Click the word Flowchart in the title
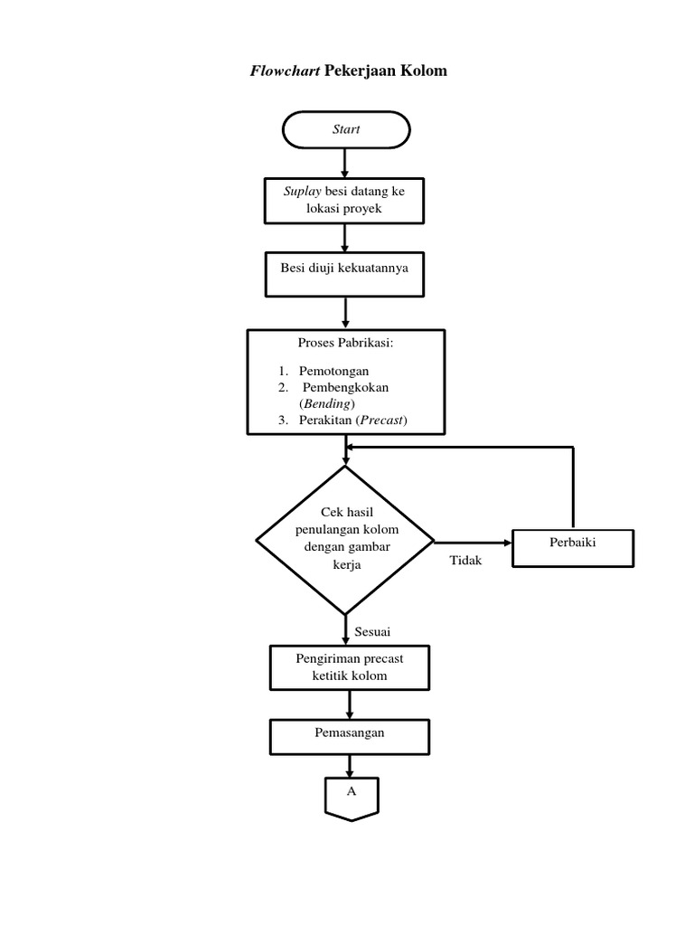pyautogui.click(x=285, y=71)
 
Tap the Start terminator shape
pyautogui.click(x=346, y=129)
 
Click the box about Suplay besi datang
pyautogui.click(x=344, y=200)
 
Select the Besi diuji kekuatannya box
pyautogui.click(x=344, y=274)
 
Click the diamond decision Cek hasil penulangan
pyautogui.click(x=346, y=540)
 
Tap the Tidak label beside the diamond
pyautogui.click(x=466, y=561)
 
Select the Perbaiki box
pyautogui.click(x=573, y=548)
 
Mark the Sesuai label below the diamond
pyautogui.click(x=372, y=630)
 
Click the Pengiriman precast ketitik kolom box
pyautogui.click(x=349, y=667)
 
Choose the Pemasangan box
pyautogui.click(x=349, y=737)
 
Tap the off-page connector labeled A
pyautogui.click(x=351, y=796)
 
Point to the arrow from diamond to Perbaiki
pyautogui.click(x=474, y=543)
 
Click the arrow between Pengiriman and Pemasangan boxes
pyautogui.click(x=350, y=704)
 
